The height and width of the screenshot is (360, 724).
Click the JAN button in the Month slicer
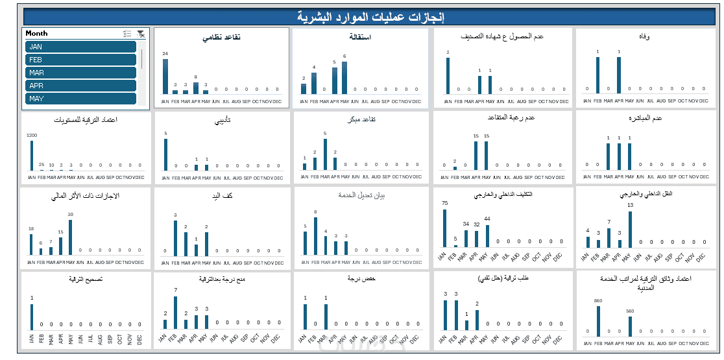80,47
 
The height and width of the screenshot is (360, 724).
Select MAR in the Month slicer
80,73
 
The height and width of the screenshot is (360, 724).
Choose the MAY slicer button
80,99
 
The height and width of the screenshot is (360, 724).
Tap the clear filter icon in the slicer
141,34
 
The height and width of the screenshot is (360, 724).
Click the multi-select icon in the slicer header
127,34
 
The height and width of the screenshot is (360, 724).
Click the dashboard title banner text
370,16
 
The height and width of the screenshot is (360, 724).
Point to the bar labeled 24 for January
165,77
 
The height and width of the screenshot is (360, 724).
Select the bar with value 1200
31,156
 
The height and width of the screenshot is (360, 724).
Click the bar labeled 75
444,228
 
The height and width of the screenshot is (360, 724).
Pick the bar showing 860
597,318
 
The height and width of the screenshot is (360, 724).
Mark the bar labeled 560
629,323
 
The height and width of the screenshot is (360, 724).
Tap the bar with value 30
70,237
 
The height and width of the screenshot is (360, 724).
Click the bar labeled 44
487,236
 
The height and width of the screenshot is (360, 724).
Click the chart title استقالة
360,37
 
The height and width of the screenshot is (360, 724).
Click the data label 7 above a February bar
175,290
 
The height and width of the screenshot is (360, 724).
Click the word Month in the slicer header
37,33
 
